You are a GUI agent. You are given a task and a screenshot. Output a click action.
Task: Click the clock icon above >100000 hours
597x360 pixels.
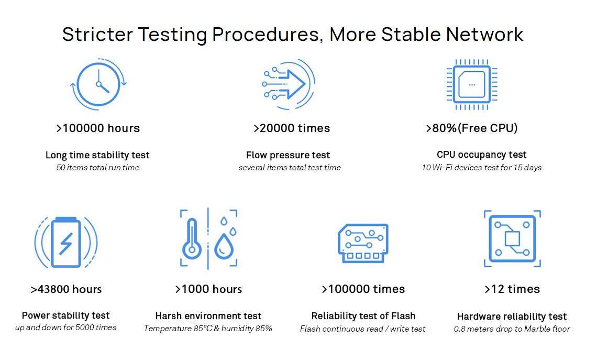coord(98,84)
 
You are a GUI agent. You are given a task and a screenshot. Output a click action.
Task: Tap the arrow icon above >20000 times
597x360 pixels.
coord(288,84)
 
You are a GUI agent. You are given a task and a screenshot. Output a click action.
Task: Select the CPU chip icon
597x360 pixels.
coord(472,84)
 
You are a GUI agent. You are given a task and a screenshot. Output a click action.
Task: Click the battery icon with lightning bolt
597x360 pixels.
coord(66,242)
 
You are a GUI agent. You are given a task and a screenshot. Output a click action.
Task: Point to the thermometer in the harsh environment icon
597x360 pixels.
coord(192,239)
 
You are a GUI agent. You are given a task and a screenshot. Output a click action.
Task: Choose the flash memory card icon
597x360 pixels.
coord(363,243)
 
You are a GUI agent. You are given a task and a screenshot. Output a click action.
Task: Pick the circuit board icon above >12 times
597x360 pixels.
coord(512,238)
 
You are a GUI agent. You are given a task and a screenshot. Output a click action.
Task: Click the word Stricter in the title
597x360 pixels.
coord(97,34)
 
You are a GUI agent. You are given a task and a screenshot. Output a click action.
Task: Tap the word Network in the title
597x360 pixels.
coord(485,34)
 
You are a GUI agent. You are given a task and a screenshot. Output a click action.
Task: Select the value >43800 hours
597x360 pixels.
coord(66,289)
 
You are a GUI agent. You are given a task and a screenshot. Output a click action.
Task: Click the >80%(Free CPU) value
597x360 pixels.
coord(472,128)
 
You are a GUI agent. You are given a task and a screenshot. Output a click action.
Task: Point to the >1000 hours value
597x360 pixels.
coord(208,289)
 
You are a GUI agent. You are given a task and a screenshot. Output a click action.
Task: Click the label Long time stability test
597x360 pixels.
coord(97,155)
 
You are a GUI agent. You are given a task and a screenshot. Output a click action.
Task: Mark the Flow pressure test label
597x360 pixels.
coord(288,155)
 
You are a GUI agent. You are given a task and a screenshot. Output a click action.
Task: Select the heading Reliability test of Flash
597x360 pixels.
coord(363,316)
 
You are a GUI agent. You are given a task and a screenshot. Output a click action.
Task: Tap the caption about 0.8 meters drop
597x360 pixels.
coord(512,329)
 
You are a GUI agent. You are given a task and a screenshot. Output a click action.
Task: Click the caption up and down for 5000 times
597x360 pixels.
coord(66,327)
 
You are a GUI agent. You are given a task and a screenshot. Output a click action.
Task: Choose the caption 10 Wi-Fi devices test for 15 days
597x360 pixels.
coord(482,167)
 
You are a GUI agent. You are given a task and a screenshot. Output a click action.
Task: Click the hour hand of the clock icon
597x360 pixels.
coord(104,88)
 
